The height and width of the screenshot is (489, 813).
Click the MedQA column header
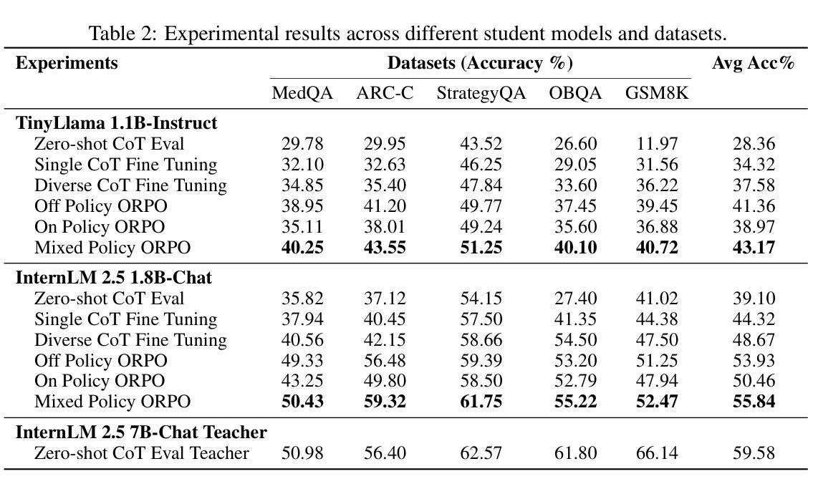click(x=302, y=94)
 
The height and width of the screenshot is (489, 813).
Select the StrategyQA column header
click(x=481, y=94)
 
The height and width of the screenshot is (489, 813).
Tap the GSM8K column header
click(x=657, y=94)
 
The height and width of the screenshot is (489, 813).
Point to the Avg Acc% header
click(x=753, y=63)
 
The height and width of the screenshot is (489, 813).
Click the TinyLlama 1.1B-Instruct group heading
click(x=116, y=123)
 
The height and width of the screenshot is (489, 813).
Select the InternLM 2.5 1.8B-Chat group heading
click(x=114, y=278)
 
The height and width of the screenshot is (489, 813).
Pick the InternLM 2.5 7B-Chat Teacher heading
click(x=141, y=432)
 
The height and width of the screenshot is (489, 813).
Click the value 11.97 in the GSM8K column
click(x=657, y=144)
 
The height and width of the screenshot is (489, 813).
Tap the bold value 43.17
click(x=754, y=248)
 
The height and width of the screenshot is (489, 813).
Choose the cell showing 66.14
click(x=657, y=453)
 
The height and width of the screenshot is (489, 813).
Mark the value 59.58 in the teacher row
click(x=754, y=453)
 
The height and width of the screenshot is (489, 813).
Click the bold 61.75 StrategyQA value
click(x=481, y=402)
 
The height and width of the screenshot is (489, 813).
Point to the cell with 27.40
click(x=575, y=299)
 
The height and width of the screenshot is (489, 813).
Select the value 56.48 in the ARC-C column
click(x=385, y=360)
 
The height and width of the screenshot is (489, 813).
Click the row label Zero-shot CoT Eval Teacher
click(x=141, y=453)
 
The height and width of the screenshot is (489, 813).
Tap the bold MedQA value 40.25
click(x=302, y=248)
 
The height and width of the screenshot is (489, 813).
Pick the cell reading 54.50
click(x=575, y=340)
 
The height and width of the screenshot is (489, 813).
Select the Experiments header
click(x=67, y=63)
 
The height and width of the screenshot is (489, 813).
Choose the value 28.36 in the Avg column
click(x=754, y=144)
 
